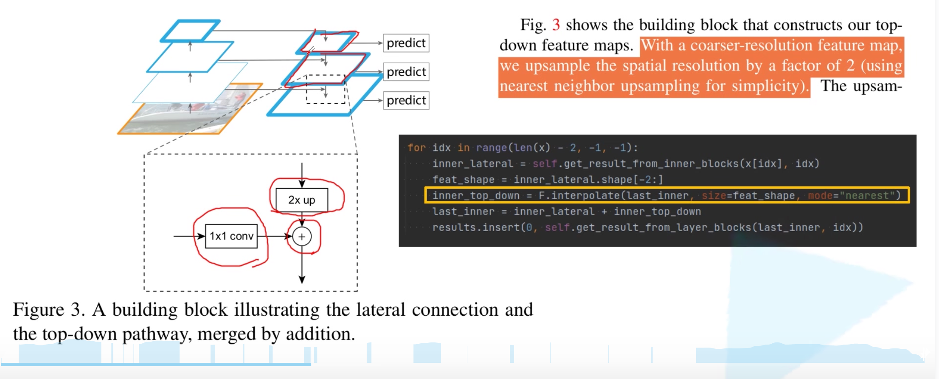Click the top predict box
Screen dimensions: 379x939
[406, 43]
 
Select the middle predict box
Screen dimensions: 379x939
[406, 72]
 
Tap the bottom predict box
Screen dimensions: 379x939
[406, 100]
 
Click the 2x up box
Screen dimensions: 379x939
[302, 200]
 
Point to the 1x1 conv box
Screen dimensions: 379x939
[231, 236]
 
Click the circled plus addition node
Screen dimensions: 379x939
[302, 237]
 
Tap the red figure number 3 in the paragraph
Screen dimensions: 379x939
[556, 25]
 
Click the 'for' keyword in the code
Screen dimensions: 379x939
[416, 148]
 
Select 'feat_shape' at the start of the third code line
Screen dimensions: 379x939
[463, 180]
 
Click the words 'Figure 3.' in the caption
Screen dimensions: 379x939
[48, 310]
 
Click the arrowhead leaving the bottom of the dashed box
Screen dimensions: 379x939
[302, 279]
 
